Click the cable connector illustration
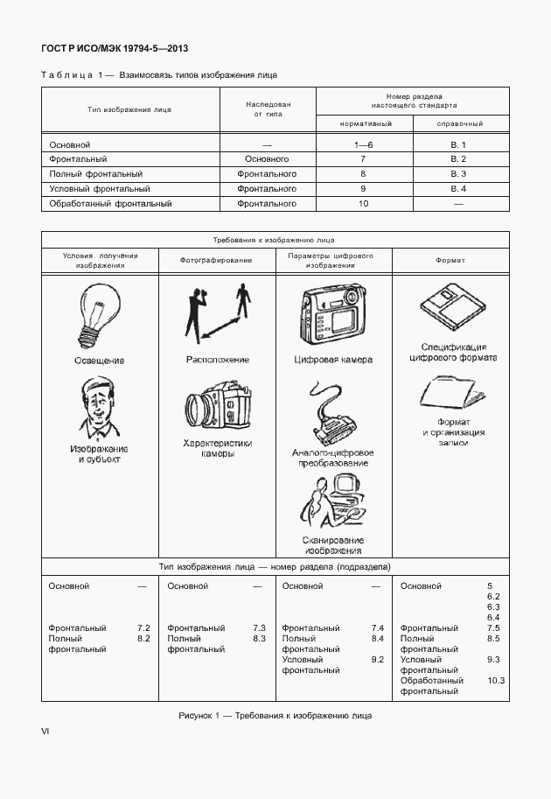pos(332,416)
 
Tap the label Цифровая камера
pos(333,360)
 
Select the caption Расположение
pos(218,360)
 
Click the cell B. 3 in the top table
pos(458,173)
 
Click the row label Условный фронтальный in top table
pos(100,188)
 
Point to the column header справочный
pos(460,124)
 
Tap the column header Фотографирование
pos(216,261)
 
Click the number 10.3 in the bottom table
pos(496,680)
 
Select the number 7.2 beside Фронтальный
pos(144,627)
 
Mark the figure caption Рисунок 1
pos(275,716)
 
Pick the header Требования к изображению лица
pos(274,239)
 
